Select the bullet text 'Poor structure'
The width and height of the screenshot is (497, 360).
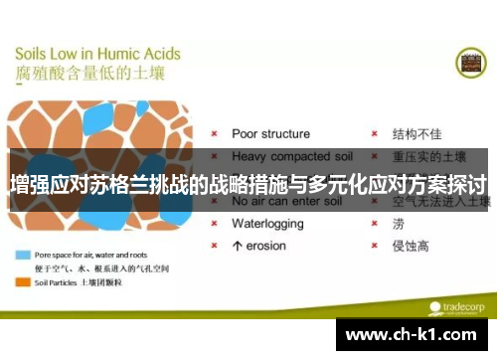click(270, 133)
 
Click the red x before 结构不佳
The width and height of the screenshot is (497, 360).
click(373, 133)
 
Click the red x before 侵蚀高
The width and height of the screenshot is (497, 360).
click(373, 246)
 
